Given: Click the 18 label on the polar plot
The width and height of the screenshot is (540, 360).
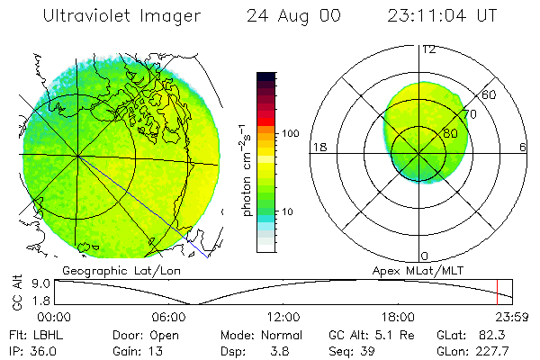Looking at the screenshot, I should coord(317,148).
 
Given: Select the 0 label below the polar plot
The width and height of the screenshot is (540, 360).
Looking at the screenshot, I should coord(425,256).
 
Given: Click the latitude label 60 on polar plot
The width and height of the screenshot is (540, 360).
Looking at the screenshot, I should coord(490,94).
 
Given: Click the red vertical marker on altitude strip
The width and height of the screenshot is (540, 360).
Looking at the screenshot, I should coord(497,292).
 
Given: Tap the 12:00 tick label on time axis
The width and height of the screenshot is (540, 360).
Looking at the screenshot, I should coord(283,317).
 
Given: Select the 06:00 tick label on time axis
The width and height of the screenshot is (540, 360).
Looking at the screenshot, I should coord(168,317).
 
